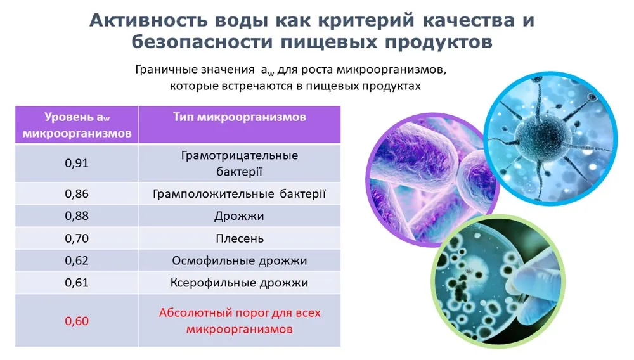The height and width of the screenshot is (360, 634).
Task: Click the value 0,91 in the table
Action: coord(77,164)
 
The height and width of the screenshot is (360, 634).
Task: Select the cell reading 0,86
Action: coord(77,194)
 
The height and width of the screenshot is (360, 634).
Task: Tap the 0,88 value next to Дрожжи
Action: coord(77,215)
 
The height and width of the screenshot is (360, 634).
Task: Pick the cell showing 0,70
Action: coord(77,238)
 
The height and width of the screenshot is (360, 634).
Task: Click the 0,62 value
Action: coord(77,260)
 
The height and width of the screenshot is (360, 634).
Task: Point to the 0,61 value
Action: coord(77,283)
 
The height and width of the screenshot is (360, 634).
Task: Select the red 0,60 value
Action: coord(77,321)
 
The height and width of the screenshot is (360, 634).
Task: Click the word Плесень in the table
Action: coord(240,239)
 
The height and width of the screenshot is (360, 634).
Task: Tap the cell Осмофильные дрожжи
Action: coord(240,261)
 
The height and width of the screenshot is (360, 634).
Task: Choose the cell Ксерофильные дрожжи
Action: coord(240,283)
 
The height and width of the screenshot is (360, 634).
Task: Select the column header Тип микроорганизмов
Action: coord(240,117)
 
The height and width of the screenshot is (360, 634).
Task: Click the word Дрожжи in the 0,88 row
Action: coord(240,216)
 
